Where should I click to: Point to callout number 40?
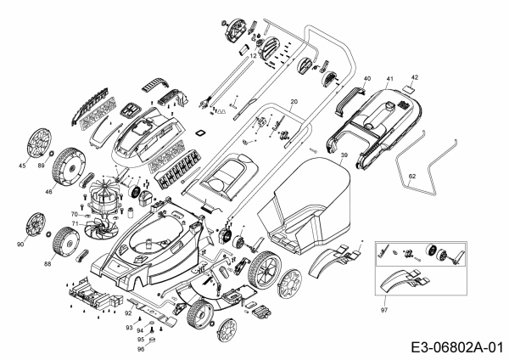pos(366,79)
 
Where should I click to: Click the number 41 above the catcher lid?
pos(390,78)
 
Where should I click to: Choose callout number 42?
pos(415,76)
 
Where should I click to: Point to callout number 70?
pos(74,215)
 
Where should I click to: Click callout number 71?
pos(74,224)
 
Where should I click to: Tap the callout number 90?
pos(20,245)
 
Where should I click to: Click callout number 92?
pos(128,313)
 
